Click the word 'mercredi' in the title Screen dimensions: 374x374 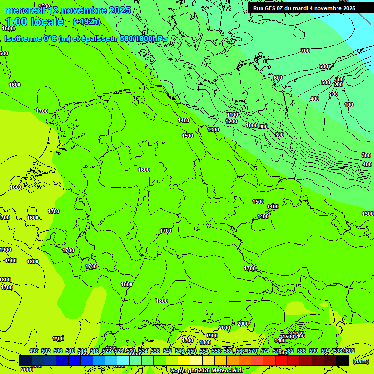tap(25, 10)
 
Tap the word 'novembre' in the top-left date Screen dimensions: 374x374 tap(85, 10)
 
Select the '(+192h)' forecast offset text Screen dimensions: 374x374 tap(86, 22)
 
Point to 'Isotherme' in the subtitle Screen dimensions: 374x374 tap(22, 38)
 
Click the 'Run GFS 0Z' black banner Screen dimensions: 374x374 tap(304, 8)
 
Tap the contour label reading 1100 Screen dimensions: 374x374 tap(233, 115)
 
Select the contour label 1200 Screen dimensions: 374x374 tap(231, 121)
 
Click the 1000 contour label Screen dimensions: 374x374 tap(251, 126)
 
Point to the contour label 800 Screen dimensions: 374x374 tap(279, 135)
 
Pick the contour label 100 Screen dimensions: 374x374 tap(349, 105)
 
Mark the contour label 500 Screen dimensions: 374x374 tap(326, 83)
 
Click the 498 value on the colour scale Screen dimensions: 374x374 tap(33, 351)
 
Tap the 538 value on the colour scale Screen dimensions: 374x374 tap(155, 351)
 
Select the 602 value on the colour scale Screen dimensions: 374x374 tap(350, 351)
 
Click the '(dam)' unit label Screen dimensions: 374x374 tap(360, 361)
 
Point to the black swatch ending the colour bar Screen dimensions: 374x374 tap(342, 360)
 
